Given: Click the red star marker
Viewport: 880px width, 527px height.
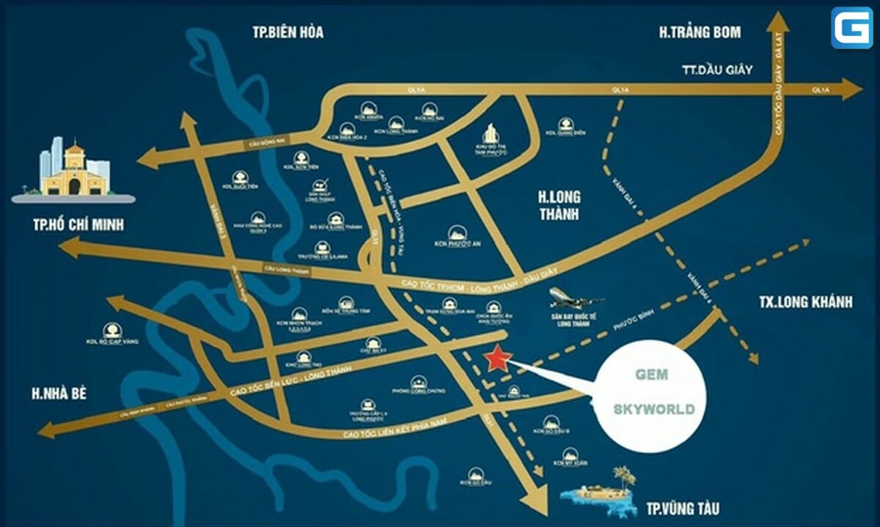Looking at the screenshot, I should (498, 358).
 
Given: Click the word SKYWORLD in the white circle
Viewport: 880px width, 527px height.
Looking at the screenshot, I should (653, 410).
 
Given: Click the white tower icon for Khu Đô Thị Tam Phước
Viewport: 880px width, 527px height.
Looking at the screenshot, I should (491, 134).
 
